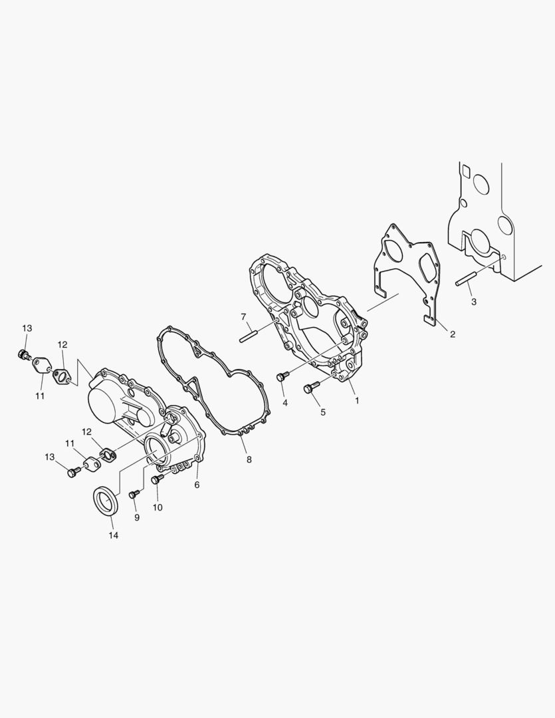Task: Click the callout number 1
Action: [x=357, y=401]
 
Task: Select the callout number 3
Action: [x=474, y=302]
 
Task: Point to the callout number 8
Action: [x=249, y=459]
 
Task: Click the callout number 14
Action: [x=113, y=535]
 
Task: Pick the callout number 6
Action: [x=197, y=485]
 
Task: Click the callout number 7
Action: [x=244, y=316]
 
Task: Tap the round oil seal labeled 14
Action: [x=108, y=502]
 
